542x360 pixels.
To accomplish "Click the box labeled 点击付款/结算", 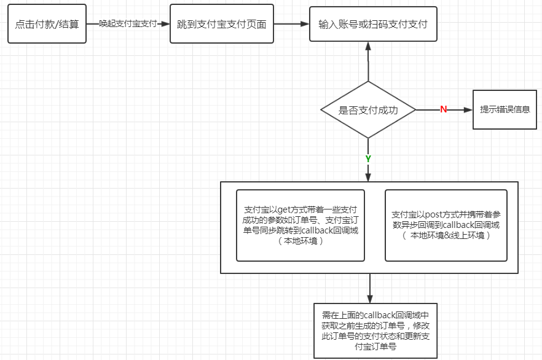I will click(x=47, y=25).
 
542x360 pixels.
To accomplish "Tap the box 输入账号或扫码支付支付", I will click(x=373, y=25).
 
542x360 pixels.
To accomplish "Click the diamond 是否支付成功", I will click(x=368, y=111).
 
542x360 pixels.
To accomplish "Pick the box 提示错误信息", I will click(x=505, y=110).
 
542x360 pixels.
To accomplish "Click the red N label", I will click(x=443, y=109).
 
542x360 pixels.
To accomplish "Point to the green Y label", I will click(x=368, y=158).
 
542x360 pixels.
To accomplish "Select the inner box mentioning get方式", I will click(x=300, y=225).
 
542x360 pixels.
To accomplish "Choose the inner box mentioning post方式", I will click(x=446, y=225).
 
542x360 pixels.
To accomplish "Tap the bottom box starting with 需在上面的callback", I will click(x=375, y=331).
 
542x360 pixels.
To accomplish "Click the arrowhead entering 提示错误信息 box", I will click(x=468, y=110).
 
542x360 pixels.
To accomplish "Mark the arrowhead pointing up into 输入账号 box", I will click(x=368, y=46).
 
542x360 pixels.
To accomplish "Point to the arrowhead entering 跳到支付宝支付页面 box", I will click(x=165, y=24).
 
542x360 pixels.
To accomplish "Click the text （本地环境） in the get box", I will click(x=300, y=241).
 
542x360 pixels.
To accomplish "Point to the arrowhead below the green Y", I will click(x=368, y=177).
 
